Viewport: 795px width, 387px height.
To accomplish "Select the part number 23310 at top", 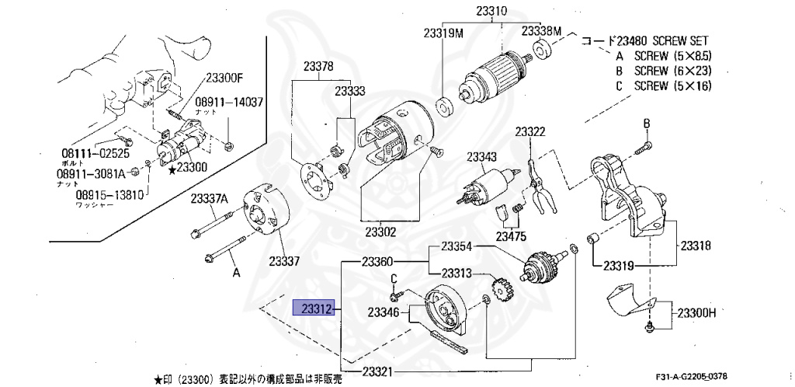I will point(491,12).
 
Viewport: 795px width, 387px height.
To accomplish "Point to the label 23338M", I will point(541,31).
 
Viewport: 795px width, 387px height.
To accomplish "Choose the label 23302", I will point(380,232).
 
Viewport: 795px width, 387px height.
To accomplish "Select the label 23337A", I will point(210,198).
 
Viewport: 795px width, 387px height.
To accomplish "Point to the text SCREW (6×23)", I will point(673,71).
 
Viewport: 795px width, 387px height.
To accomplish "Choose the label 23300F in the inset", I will point(224,78).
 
